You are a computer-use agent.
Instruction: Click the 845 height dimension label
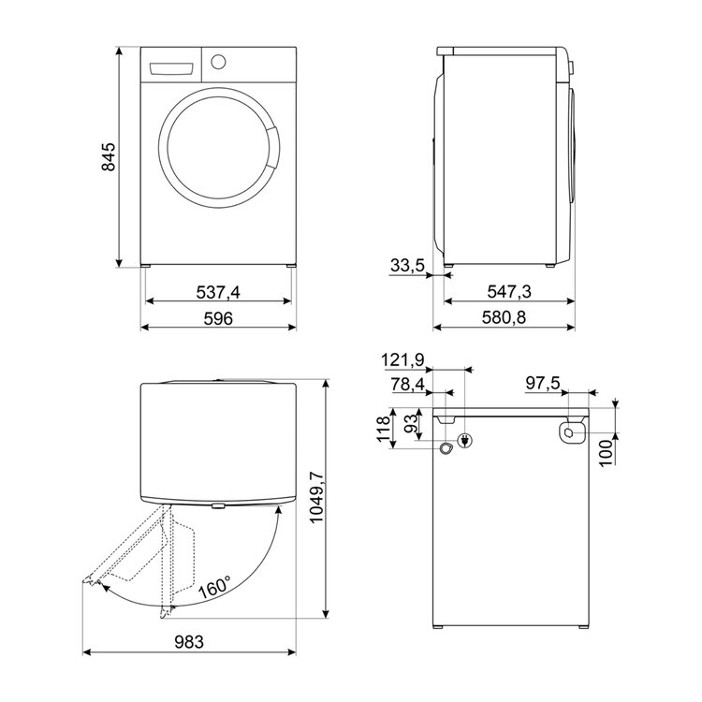(x=109, y=156)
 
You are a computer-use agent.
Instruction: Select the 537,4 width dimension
(x=218, y=292)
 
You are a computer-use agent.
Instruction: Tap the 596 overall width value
(x=218, y=319)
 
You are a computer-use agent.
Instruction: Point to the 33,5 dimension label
(x=407, y=266)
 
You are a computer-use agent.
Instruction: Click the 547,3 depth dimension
(x=509, y=292)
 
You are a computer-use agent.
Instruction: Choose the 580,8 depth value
(x=505, y=318)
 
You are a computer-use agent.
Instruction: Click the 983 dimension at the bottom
(x=189, y=642)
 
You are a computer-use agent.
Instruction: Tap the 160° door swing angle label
(x=215, y=587)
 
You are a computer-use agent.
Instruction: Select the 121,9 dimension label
(x=402, y=360)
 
